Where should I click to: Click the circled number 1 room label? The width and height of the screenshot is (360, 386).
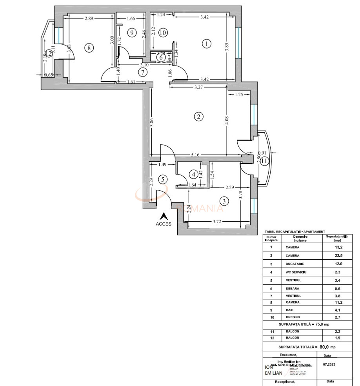click(x=206, y=44)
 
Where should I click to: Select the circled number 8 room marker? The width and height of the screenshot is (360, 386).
click(x=89, y=48)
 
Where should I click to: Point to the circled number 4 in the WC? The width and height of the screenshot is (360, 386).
click(x=193, y=174)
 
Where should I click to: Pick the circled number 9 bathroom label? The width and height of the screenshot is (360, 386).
click(x=131, y=33)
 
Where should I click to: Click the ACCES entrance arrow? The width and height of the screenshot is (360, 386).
click(x=164, y=216)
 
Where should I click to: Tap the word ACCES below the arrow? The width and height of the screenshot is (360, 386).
click(x=164, y=224)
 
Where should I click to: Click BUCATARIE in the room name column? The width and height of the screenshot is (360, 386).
click(x=295, y=264)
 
